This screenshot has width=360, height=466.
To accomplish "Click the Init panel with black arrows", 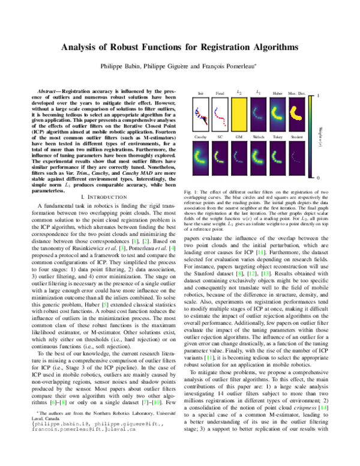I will coord(200,114).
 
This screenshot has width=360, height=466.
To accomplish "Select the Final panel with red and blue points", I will coord(220,114).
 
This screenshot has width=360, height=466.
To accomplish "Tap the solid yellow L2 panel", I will coord(239,114).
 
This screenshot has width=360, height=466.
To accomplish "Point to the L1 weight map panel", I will coord(258,114).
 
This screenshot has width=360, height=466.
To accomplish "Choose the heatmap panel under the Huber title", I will coord(277,114).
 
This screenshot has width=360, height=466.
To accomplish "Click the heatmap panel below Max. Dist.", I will coord(297,114).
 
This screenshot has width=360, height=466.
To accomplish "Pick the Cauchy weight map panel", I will coord(200,158).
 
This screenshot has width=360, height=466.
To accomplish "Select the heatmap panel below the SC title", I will coord(220,158).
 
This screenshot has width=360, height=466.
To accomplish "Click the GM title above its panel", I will coord(239,137).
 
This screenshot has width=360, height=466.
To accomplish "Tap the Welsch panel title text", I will coord(258,137).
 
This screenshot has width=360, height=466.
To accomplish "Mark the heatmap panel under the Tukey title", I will coord(277,158).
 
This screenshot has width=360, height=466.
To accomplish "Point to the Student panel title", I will coord(297,137).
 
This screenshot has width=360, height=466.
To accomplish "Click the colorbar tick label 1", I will coord(318,95).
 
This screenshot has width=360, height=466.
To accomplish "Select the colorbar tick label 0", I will coord(318,178).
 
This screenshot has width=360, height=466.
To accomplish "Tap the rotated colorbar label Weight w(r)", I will coord(322,137).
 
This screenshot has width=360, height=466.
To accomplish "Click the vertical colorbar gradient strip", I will coord(310,137).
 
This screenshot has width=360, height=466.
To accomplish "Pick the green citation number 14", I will coord(323,408).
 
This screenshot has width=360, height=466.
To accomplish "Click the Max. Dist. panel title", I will coord(297,93).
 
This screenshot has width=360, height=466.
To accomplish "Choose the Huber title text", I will coord(277,93).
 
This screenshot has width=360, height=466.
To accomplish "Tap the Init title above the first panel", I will coord(200,93).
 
